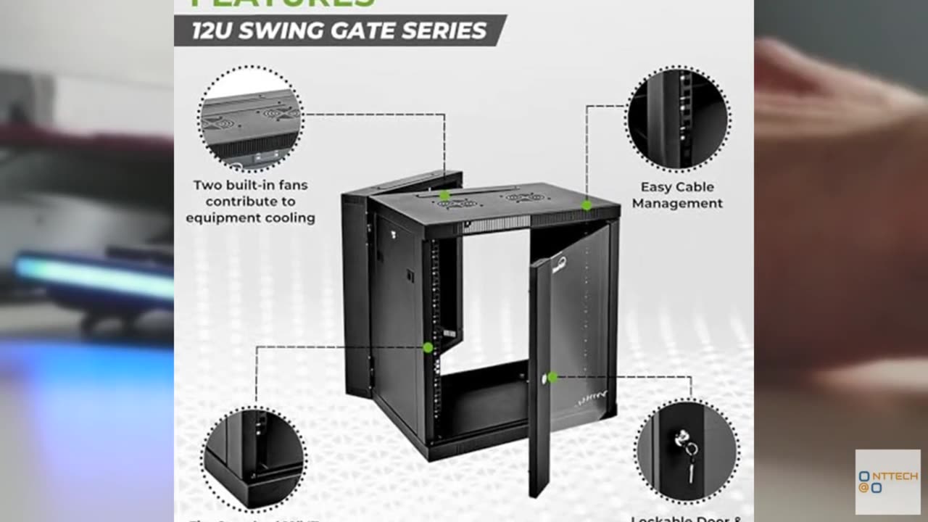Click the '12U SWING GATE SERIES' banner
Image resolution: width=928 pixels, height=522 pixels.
[x=339, y=30]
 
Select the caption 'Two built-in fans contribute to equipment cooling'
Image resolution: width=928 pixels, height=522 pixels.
[x=250, y=201]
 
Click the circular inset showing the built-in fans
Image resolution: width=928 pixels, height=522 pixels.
[x=250, y=118]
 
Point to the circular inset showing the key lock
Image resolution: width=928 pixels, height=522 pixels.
[x=686, y=450]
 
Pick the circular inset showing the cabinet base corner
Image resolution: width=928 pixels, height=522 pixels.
[x=254, y=458]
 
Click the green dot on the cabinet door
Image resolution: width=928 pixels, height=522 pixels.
[x=552, y=377]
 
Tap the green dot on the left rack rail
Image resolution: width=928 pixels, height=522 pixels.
[x=428, y=348]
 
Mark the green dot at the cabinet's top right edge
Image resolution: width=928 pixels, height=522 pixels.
[x=587, y=205]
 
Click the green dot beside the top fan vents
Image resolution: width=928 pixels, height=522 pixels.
[x=444, y=196]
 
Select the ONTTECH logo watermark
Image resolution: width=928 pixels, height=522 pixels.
[x=887, y=482]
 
